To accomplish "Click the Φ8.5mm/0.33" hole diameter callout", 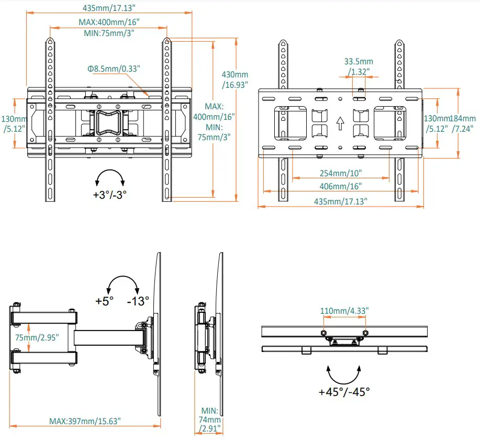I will coord(114,69).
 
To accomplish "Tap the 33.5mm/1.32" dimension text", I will coord(359,66).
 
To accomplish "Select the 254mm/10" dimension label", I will coord(340,173).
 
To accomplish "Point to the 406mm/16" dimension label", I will coord(340,186).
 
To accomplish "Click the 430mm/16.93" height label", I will coord(235,79).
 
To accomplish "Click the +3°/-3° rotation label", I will coord(110,194).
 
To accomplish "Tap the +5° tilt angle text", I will coord(105,301).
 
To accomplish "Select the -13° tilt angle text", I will coord(138,301).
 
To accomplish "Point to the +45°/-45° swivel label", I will coord(344,392).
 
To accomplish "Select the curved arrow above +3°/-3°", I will coord(110,177).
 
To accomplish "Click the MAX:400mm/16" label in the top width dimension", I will coord(109,23).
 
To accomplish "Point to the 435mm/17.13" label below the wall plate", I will coord(340,201).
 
